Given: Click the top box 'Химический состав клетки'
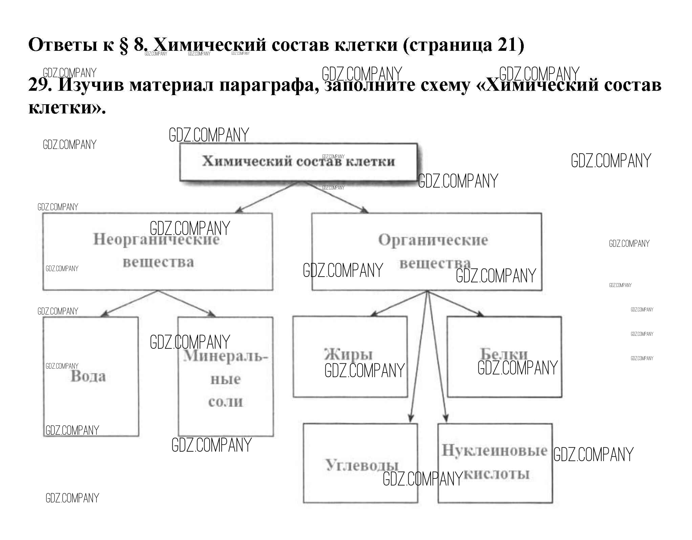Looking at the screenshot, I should (298, 162).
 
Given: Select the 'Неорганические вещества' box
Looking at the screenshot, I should (157, 252).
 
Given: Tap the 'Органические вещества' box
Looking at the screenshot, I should (427, 252).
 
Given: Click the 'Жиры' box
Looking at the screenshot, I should (350, 357).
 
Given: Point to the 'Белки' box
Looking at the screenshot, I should (504, 357).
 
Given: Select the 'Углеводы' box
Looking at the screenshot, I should (360, 463).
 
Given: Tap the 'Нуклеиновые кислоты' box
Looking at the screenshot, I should (495, 463).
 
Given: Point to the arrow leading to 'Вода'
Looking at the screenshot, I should (129, 304).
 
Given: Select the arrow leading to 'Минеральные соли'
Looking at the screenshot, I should (186, 304).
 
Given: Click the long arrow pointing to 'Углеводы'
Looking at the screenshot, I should (419, 359).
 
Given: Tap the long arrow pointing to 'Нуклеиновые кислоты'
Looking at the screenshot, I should (437, 359).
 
